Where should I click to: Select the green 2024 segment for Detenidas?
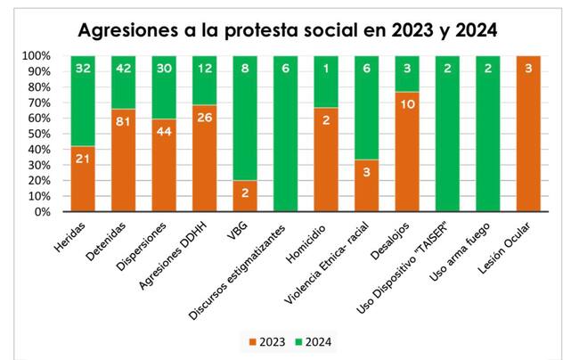point(125,82)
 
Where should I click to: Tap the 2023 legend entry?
point(266,340)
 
